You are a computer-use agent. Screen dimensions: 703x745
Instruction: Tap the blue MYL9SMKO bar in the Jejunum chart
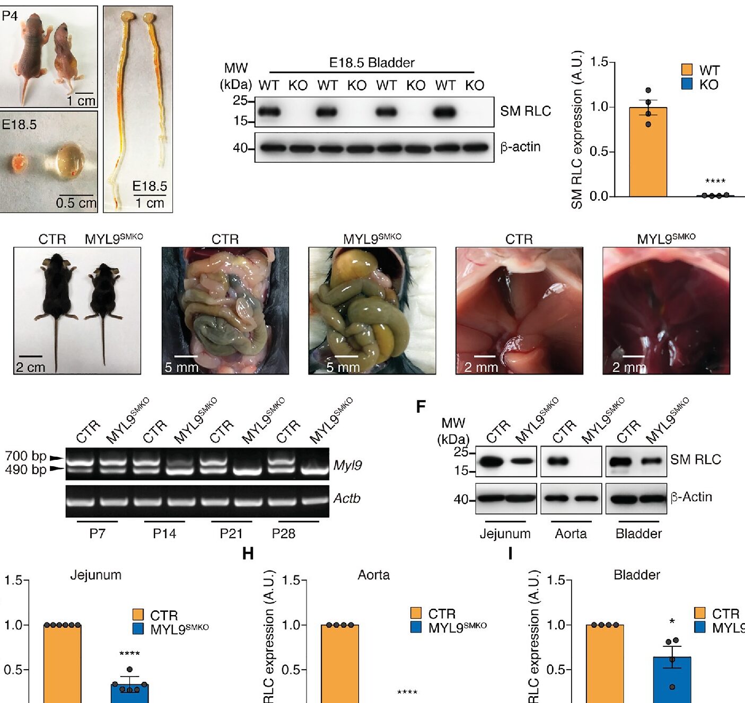click(129, 693)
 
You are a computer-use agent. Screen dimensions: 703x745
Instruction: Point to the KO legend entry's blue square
click(687, 84)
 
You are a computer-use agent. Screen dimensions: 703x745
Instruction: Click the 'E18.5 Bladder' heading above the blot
click(372, 63)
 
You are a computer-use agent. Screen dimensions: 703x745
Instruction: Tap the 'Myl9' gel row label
click(348, 465)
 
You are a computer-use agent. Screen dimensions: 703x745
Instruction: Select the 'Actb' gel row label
click(347, 498)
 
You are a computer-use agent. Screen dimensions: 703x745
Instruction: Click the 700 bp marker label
click(25, 456)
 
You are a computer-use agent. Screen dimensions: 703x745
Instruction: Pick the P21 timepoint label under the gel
click(231, 533)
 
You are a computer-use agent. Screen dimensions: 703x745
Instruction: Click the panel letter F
click(421, 407)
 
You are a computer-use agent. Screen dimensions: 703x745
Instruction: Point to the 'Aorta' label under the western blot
click(571, 533)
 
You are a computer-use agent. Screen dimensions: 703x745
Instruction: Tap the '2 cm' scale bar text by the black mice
click(30, 367)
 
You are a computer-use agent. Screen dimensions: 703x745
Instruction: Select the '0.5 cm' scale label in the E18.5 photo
click(76, 203)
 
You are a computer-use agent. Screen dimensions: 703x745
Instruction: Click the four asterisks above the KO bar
click(715, 182)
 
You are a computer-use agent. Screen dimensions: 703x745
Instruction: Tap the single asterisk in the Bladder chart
click(672, 621)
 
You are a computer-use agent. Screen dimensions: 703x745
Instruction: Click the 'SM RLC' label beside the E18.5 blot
click(525, 111)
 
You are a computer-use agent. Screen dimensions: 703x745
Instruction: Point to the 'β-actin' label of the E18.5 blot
click(520, 147)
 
